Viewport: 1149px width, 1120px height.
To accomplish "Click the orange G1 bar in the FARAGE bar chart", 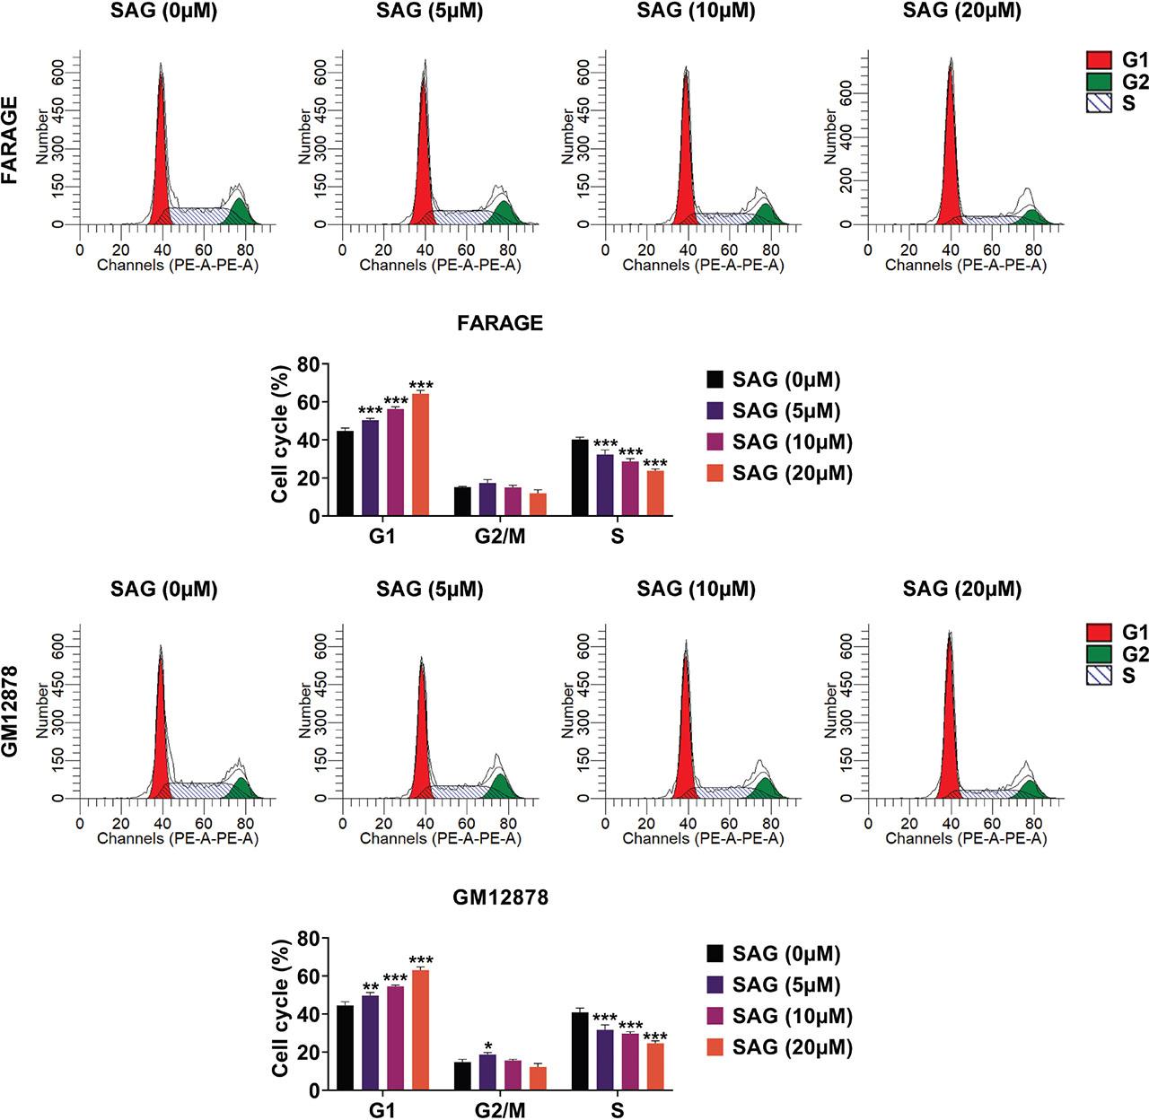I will [420, 455].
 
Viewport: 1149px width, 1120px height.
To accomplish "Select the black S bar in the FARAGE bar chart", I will [580, 477].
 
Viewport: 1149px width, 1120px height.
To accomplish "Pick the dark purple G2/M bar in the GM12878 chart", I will [487, 1072].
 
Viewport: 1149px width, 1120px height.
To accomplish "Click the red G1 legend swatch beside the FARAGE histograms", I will [1100, 60].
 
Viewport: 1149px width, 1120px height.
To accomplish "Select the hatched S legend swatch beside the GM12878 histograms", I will [1100, 675].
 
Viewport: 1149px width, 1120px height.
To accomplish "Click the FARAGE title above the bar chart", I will [500, 324].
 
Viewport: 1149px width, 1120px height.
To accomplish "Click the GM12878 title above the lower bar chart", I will [500, 897].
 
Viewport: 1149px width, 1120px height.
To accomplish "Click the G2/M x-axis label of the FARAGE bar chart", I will [500, 538].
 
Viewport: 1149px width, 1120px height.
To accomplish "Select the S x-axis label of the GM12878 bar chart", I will [618, 1111].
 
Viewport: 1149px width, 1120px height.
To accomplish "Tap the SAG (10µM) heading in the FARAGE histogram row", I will [696, 12].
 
